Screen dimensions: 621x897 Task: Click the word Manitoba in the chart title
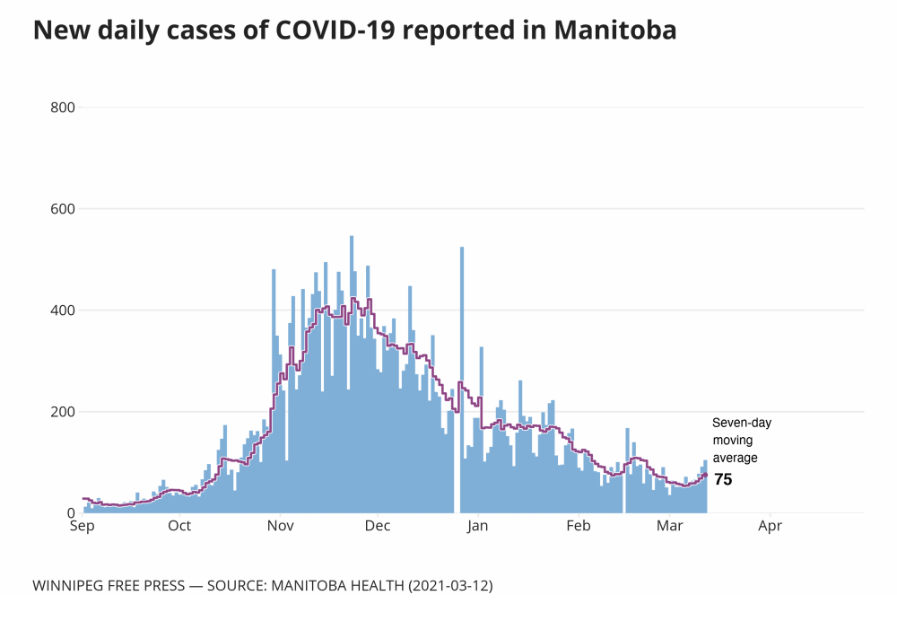tap(615, 31)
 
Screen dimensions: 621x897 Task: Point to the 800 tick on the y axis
tap(63, 108)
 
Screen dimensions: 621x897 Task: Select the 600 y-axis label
tap(63, 209)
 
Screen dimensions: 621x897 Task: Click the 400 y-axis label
tap(63, 310)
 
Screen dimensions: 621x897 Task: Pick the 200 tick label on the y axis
tap(63, 412)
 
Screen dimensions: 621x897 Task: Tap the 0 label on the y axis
tap(70, 513)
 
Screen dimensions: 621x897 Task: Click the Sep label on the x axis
tap(83, 527)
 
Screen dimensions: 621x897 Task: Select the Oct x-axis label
tap(179, 527)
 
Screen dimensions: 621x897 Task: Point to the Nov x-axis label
tap(281, 527)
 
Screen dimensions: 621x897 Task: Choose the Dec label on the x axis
tap(378, 527)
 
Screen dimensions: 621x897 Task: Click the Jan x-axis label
tap(477, 527)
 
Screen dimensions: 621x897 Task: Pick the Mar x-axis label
tap(669, 527)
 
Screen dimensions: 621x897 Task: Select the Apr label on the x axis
tap(770, 527)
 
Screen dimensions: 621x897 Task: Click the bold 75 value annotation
tap(723, 479)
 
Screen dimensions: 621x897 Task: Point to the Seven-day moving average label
tap(741, 440)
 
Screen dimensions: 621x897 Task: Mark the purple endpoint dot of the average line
tap(705, 475)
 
